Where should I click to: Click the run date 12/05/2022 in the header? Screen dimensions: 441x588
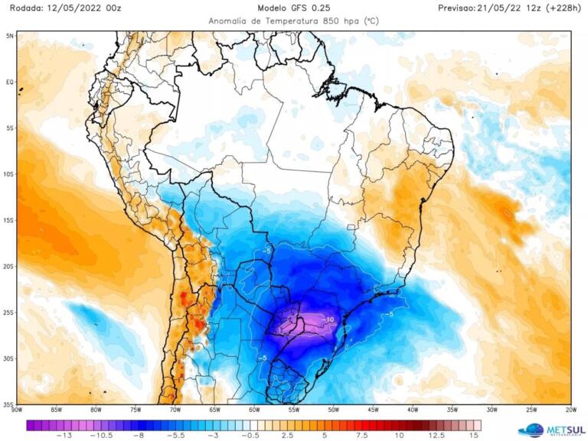[77, 8]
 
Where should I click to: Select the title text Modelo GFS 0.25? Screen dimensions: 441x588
[294, 8]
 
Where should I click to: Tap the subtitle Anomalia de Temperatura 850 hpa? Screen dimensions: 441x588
[294, 21]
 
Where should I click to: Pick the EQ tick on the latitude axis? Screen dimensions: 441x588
[11, 82]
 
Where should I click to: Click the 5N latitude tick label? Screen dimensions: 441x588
[10, 35]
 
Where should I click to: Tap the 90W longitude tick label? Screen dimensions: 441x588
[17, 411]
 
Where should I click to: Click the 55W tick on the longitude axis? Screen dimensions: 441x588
[294, 411]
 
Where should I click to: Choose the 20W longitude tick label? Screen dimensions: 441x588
[570, 411]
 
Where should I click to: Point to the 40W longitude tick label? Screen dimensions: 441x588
[413, 411]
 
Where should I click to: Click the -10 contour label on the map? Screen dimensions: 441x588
[328, 319]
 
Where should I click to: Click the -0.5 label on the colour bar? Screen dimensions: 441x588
[248, 434]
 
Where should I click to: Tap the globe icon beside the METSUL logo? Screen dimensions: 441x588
[531, 430]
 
